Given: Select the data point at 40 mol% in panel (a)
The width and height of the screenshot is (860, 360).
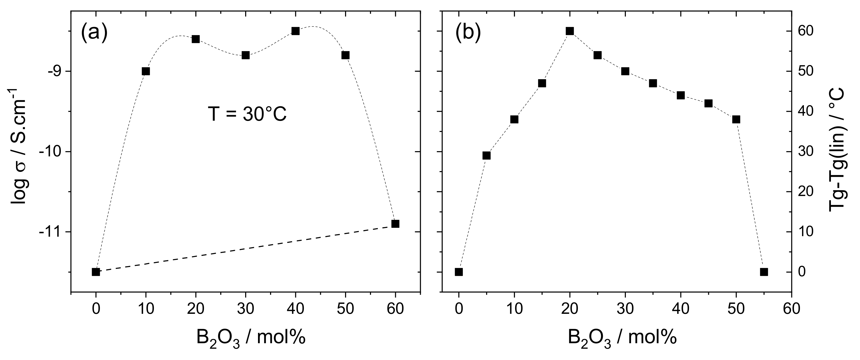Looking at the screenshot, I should point(295,31).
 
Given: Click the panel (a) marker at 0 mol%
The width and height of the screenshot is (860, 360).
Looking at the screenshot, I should point(96,272).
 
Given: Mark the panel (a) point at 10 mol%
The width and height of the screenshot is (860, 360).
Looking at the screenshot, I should point(146,71).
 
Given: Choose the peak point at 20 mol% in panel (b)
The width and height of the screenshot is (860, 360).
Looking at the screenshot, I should point(569,31).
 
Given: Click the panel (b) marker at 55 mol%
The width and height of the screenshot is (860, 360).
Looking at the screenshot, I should point(764,272).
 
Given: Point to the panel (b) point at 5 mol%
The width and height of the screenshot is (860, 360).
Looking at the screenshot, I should point(486,156).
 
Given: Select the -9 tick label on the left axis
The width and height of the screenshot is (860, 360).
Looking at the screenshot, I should point(56,71).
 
